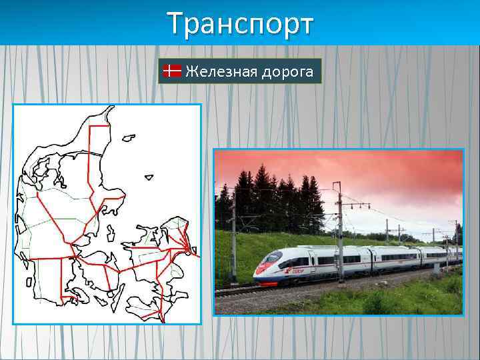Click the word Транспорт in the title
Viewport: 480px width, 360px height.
pos(239,25)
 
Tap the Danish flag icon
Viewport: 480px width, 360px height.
pos(173,71)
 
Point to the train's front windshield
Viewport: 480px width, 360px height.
pos(272,258)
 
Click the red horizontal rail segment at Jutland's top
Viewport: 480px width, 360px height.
pos(100,125)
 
